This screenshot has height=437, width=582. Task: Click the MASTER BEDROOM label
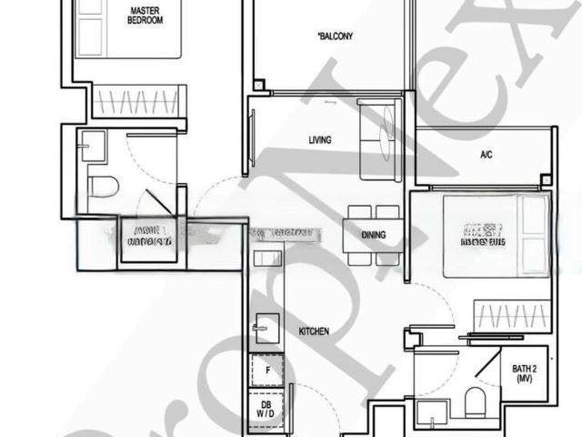pos(145,15)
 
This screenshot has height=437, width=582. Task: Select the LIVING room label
pos(319,140)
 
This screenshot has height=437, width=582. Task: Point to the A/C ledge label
pos(487,156)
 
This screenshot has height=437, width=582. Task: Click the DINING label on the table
pos(373,235)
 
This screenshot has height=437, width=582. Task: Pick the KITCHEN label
pos(314,331)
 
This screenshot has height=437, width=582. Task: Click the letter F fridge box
pos(267,371)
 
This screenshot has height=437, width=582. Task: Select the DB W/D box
pos(266,410)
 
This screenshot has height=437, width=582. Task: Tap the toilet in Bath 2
pos(476,401)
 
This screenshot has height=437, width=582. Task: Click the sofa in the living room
pos(376,141)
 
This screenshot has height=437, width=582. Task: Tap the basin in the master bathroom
pos(92,144)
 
